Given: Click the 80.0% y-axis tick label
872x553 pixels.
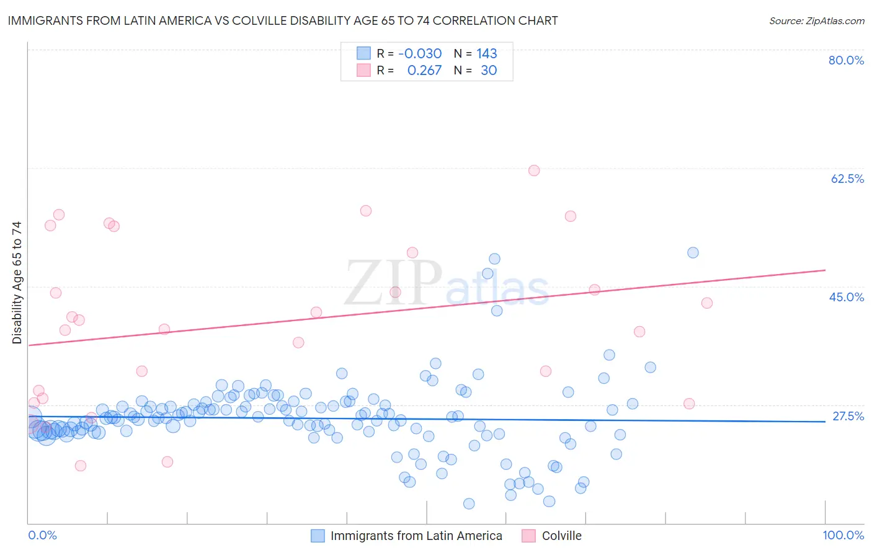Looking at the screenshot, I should [x=846, y=60].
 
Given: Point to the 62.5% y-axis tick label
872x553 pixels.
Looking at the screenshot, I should [x=847, y=179].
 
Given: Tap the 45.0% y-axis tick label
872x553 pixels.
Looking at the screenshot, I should [x=847, y=297].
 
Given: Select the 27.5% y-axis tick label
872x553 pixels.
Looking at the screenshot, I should [x=848, y=416].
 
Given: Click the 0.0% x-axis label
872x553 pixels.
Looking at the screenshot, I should [x=42, y=536].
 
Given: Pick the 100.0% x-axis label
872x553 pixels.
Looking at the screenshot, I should [x=843, y=536].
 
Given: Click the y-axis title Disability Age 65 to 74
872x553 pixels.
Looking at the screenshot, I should [x=17, y=283].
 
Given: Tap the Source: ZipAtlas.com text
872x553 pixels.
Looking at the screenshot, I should [x=816, y=21].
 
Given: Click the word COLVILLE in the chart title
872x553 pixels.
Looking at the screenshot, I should [x=259, y=21].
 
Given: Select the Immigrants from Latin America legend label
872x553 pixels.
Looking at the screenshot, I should [x=416, y=536].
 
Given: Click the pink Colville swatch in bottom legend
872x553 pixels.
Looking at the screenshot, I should [x=528, y=536].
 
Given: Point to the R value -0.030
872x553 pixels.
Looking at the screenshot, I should [x=420, y=54].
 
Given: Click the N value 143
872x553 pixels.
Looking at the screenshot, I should [x=487, y=54].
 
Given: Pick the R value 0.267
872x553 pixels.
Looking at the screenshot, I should [x=424, y=71].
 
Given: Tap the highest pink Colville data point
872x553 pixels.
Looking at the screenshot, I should [x=534, y=170].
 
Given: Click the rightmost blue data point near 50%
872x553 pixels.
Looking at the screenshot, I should [x=693, y=252].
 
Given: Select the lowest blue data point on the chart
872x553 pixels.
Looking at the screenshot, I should [x=469, y=504].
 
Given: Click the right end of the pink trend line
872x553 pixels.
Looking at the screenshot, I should [x=825, y=270].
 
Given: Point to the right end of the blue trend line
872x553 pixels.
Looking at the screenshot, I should [x=825, y=422].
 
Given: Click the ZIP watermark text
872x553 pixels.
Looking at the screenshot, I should [x=393, y=284].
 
